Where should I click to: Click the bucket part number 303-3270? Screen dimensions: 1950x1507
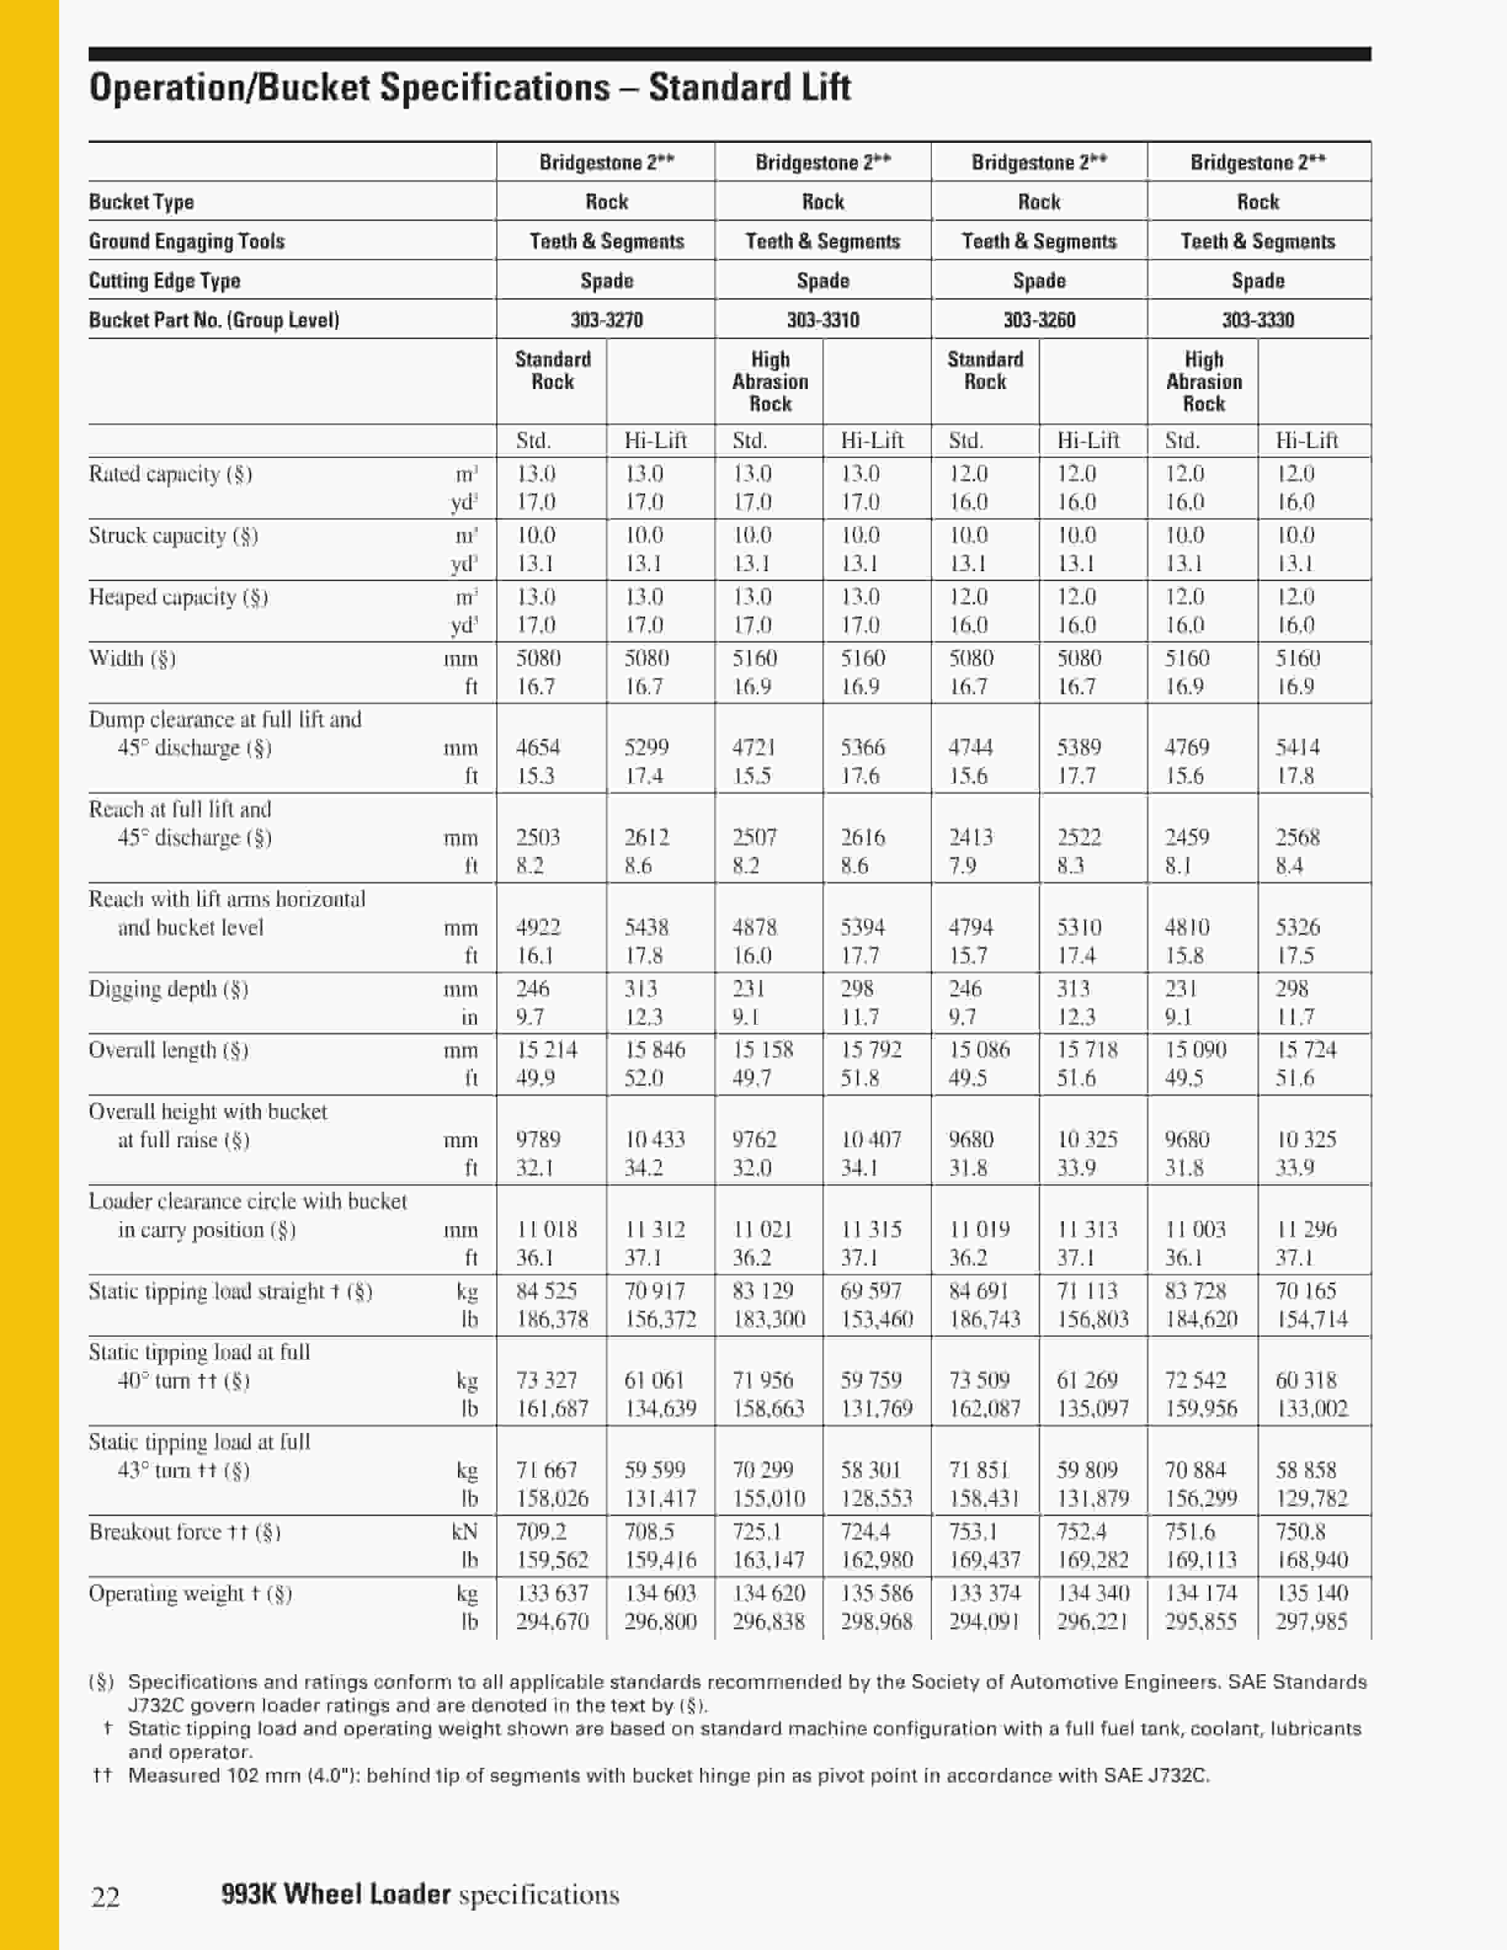[606, 319]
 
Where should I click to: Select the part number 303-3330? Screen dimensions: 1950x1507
[1257, 319]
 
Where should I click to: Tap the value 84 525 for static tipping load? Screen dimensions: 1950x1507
[547, 1291]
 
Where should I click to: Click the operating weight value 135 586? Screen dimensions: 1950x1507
[876, 1594]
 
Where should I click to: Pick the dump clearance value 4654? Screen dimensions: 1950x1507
[537, 747]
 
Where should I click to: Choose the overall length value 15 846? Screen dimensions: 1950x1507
[654, 1050]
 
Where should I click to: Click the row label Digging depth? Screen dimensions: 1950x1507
[168, 989]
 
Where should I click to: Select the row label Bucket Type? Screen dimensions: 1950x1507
[141, 202]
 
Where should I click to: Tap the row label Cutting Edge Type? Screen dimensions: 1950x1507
[164, 280]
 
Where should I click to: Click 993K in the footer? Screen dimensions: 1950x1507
[248, 1894]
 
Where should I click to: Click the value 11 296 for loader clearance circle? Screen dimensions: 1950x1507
[1306, 1229]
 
